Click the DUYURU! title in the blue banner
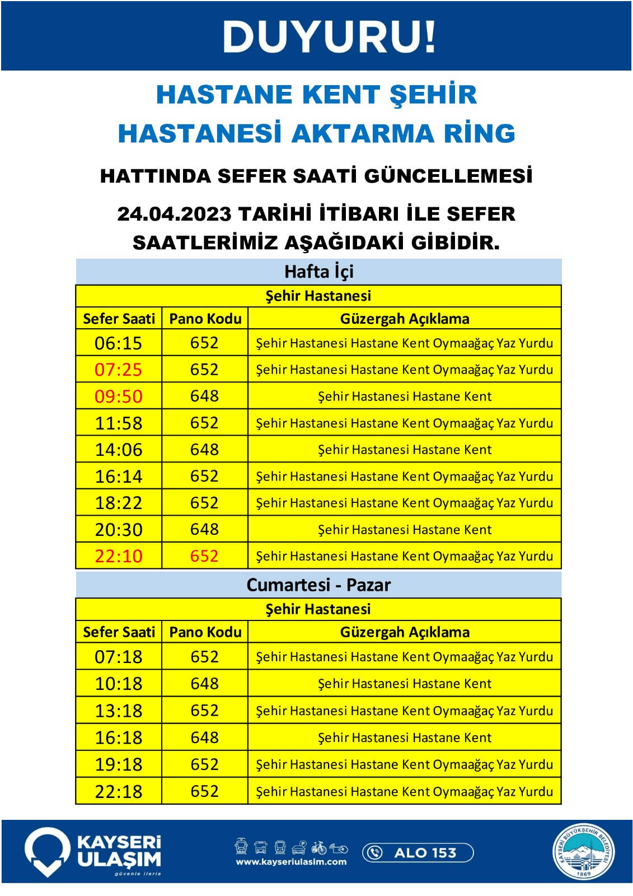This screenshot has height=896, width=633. (x=329, y=37)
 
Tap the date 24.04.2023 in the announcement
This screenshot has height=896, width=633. (x=174, y=214)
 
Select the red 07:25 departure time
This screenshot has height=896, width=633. (x=118, y=370)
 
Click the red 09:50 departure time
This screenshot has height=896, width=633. (x=118, y=396)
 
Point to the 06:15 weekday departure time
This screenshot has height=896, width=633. (x=118, y=343)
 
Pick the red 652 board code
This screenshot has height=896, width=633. (x=204, y=556)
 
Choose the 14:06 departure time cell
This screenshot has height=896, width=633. (x=118, y=450)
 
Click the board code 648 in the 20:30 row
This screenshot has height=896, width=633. (x=204, y=529)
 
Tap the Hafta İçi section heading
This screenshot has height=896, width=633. (x=318, y=272)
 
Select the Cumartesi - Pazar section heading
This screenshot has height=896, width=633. (x=318, y=585)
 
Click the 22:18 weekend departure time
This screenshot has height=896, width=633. (x=118, y=791)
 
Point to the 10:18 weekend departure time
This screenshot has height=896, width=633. (x=118, y=684)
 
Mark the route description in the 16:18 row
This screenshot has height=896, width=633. (x=405, y=738)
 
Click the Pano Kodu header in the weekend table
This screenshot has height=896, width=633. (x=205, y=632)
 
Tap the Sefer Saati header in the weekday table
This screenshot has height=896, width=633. (x=119, y=319)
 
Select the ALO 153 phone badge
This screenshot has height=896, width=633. (x=418, y=852)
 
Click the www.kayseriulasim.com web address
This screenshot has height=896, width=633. (x=291, y=862)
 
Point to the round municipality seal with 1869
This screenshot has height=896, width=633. (x=583, y=852)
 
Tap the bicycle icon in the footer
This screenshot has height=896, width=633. (x=319, y=847)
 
